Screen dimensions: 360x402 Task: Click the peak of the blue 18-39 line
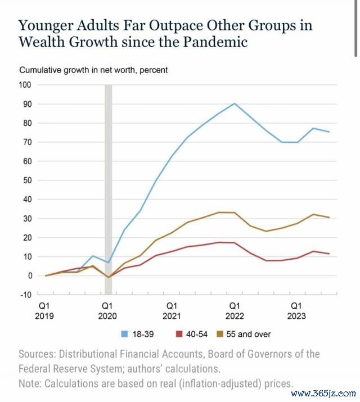coord(235,103)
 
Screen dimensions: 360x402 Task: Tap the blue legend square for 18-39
coord(124,334)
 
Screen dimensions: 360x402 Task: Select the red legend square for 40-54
coord(179,334)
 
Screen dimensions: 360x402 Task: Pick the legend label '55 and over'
coord(249,334)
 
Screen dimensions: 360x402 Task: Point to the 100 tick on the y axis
coord(25,85)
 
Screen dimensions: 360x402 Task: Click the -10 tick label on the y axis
coord(26,295)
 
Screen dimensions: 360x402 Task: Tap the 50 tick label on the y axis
coord(27,180)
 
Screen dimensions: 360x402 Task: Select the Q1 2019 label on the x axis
coord(44,311)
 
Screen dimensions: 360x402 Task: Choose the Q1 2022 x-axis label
coord(235,311)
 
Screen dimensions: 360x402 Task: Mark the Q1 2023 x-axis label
coord(296,311)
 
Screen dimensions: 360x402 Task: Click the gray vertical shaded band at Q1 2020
coord(109,189)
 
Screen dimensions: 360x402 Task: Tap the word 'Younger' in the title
coord(45,26)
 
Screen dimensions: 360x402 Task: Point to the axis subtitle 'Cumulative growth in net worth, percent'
coord(93,70)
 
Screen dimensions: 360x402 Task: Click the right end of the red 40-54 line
coord(329,254)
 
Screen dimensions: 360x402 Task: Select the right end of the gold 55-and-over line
coord(329,218)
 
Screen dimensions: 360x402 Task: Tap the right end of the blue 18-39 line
coord(329,132)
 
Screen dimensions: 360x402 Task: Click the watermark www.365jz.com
coord(323,393)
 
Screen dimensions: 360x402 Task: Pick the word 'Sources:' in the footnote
coord(37,354)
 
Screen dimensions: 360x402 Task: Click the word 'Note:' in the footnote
coord(30,384)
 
